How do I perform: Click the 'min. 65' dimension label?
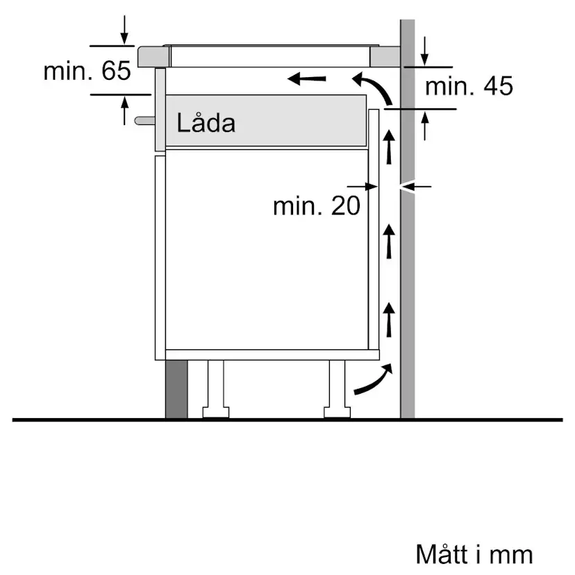[x=87, y=71]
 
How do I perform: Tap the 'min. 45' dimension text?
[x=469, y=87]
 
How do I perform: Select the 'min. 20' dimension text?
[x=317, y=206]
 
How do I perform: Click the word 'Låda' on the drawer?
[x=206, y=123]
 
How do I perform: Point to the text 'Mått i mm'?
[x=474, y=554]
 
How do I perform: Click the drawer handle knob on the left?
[x=143, y=120]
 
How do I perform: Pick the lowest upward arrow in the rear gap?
[x=390, y=317]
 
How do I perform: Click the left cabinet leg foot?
[x=215, y=412]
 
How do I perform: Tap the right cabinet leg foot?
[x=338, y=412]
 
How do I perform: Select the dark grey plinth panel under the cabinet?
[x=176, y=389]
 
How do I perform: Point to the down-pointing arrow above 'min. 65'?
[x=124, y=29]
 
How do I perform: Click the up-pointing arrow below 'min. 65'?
[x=124, y=110]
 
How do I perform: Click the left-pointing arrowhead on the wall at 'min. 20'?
[x=416, y=186]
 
